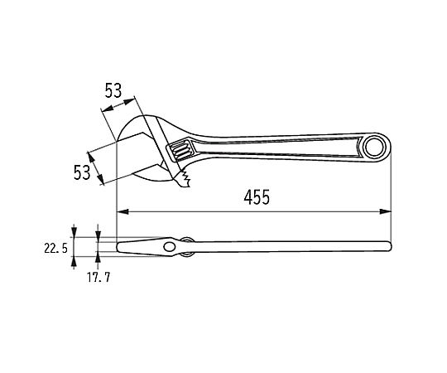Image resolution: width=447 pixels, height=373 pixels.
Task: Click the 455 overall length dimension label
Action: click(x=257, y=197)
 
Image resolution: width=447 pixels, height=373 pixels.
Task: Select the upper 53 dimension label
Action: click(x=113, y=90)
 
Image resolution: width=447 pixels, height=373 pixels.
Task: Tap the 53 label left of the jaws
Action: click(x=82, y=172)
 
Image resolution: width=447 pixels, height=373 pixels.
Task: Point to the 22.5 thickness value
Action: click(x=56, y=248)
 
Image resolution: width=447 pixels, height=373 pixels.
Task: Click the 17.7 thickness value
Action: click(x=99, y=277)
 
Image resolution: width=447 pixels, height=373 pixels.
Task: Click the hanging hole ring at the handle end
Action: click(x=377, y=148)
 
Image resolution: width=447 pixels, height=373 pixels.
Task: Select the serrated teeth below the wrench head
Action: click(x=184, y=179)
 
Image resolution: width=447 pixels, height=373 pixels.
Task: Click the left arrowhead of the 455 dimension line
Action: click(x=123, y=211)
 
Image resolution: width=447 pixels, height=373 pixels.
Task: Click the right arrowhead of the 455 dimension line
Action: click(x=386, y=211)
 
